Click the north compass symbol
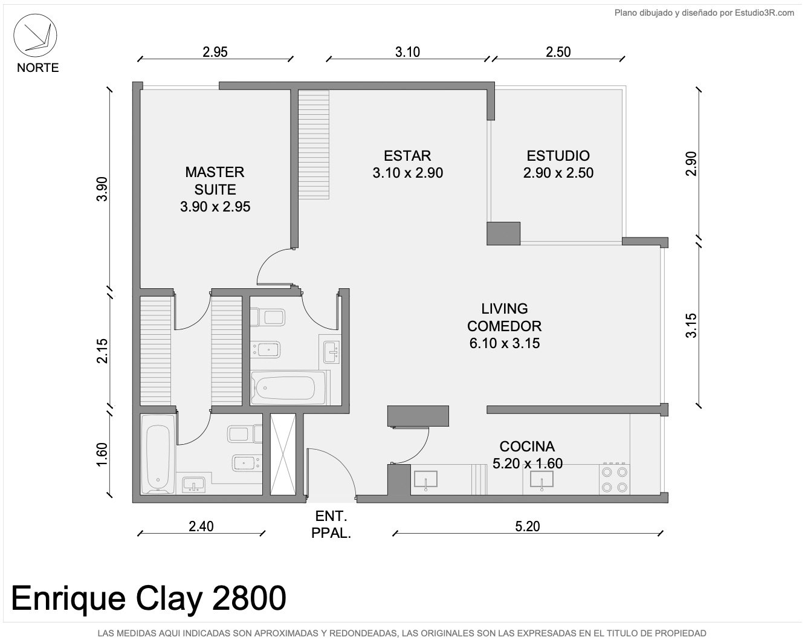(x=35, y=36)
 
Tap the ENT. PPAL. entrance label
(x=331, y=525)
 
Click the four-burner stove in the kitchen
(x=614, y=479)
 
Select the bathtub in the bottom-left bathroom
(x=158, y=454)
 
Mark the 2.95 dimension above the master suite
(x=215, y=52)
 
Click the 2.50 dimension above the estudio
(x=558, y=52)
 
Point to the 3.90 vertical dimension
(x=102, y=189)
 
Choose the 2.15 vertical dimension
(x=102, y=351)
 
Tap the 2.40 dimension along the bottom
(x=201, y=526)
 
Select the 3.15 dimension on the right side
(x=691, y=325)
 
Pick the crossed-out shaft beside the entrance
(x=283, y=454)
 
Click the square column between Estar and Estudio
(x=503, y=233)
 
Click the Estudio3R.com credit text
(x=705, y=13)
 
